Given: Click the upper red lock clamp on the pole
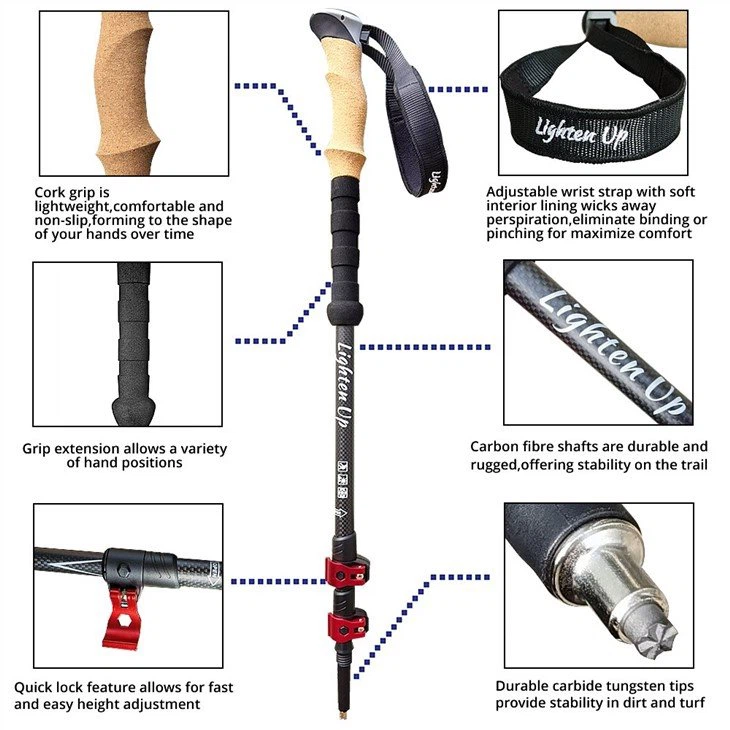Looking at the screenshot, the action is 346,571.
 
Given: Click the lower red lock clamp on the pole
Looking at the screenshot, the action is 347,626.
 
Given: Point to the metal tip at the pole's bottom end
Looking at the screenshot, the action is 344,714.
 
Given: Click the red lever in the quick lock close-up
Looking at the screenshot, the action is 121,619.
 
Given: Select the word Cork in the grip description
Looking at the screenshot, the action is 51,192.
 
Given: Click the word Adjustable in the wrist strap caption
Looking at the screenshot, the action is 521,192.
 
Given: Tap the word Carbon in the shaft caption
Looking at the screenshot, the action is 493,446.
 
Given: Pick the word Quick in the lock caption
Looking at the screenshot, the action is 33,688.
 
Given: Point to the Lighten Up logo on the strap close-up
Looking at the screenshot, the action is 581,132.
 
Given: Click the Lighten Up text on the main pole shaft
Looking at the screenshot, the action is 345,385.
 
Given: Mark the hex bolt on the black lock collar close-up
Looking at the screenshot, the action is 123,570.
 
